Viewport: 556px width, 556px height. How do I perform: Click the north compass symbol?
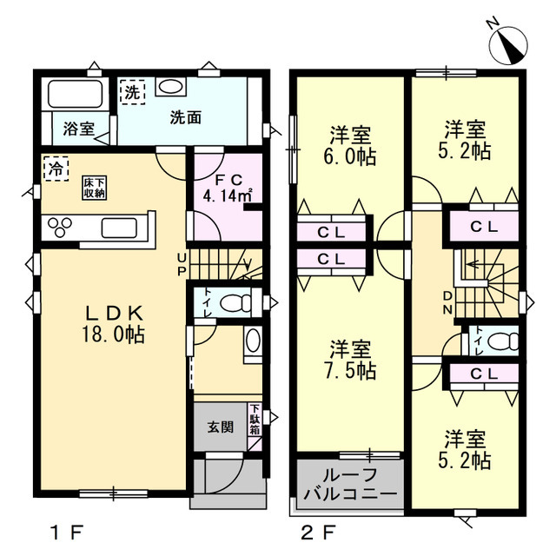point(508,45)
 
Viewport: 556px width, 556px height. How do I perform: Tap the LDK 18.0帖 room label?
point(114,323)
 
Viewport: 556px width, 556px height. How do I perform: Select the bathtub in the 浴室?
point(75,94)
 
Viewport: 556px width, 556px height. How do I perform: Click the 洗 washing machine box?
point(132,92)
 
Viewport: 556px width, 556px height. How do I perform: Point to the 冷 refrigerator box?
point(56,169)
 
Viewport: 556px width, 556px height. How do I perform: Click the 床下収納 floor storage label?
point(95,188)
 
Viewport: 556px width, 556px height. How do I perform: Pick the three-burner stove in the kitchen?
point(60,226)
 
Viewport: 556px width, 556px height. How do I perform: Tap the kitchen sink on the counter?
point(119,228)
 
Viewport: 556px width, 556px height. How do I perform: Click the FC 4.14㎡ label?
point(228,189)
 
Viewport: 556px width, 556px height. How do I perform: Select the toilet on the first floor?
point(235,303)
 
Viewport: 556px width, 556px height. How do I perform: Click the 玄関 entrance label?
point(221,427)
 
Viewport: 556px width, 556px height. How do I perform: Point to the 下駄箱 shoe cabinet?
point(255,420)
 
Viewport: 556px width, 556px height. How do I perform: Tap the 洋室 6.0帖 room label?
point(349,145)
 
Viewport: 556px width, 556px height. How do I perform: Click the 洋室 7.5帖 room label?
point(349,360)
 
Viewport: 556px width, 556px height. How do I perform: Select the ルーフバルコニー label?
point(350,484)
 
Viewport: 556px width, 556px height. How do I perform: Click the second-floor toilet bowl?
point(503,341)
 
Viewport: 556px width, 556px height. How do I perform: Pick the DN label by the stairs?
point(448,303)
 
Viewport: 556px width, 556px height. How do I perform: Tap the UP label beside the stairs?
point(182,264)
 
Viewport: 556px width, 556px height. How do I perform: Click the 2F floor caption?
point(318,533)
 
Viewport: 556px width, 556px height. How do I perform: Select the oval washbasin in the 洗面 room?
point(170,86)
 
